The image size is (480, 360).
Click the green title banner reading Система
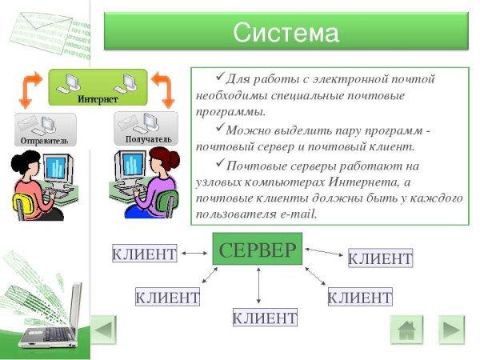[x=286, y=33]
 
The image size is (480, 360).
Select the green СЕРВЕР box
[x=258, y=250]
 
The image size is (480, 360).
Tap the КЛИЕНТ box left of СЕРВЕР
[x=144, y=254]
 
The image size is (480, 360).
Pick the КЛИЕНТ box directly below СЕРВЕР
[x=264, y=318]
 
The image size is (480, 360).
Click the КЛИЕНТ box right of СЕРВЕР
[x=381, y=258]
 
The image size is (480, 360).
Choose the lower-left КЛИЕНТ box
[x=167, y=298]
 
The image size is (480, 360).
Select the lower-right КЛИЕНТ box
[x=360, y=298]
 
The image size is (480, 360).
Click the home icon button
[x=406, y=330]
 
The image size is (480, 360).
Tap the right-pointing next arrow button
[x=451, y=330]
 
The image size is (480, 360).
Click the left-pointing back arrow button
[x=104, y=330]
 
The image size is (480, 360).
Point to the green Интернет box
[x=98, y=87]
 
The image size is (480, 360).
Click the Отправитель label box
[x=45, y=129]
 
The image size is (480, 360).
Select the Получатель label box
[x=144, y=128]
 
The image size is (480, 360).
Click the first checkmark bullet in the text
[x=220, y=77]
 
